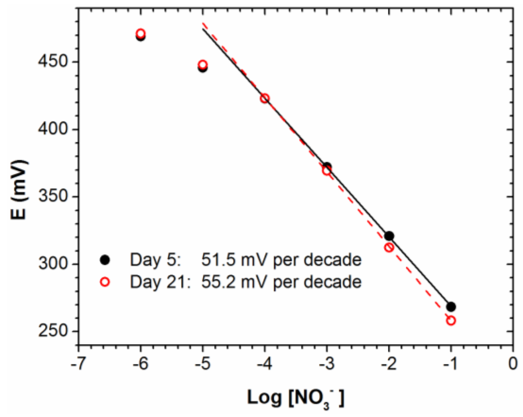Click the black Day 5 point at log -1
(x=451, y=306)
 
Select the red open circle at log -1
(x=451, y=321)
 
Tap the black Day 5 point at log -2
(x=389, y=236)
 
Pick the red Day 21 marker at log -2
(x=389, y=248)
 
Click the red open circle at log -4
(x=264, y=98)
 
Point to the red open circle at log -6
(x=141, y=33)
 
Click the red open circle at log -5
(x=203, y=65)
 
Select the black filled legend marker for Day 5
(x=105, y=260)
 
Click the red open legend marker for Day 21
(x=105, y=282)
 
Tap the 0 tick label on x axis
(x=513, y=364)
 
